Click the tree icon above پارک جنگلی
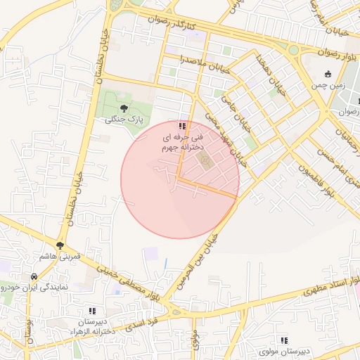pyautogui.click(x=124, y=108)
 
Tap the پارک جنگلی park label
pyautogui.click(x=124, y=120)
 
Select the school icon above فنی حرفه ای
pyautogui.click(x=183, y=126)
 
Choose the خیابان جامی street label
pyautogui.click(x=238, y=104)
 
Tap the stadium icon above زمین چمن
pyautogui.click(x=328, y=75)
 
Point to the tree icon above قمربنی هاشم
pyautogui.click(x=61, y=246)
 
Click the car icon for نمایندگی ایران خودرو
pyautogui.click(x=34, y=276)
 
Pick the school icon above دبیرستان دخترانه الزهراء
pyautogui.click(x=91, y=310)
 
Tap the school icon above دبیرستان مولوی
pyautogui.click(x=284, y=340)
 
